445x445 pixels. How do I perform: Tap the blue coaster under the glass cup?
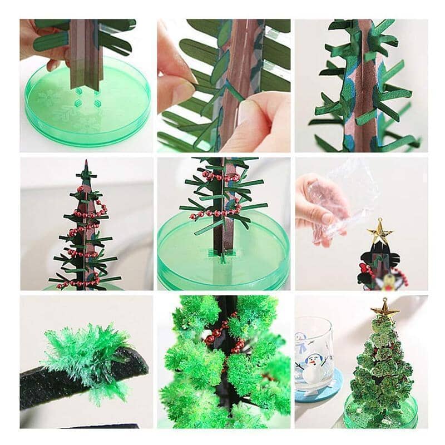click(x=320, y=393)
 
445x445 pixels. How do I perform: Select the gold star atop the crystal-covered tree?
click(x=384, y=307)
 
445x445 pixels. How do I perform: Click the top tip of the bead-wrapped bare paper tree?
click(x=86, y=164)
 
